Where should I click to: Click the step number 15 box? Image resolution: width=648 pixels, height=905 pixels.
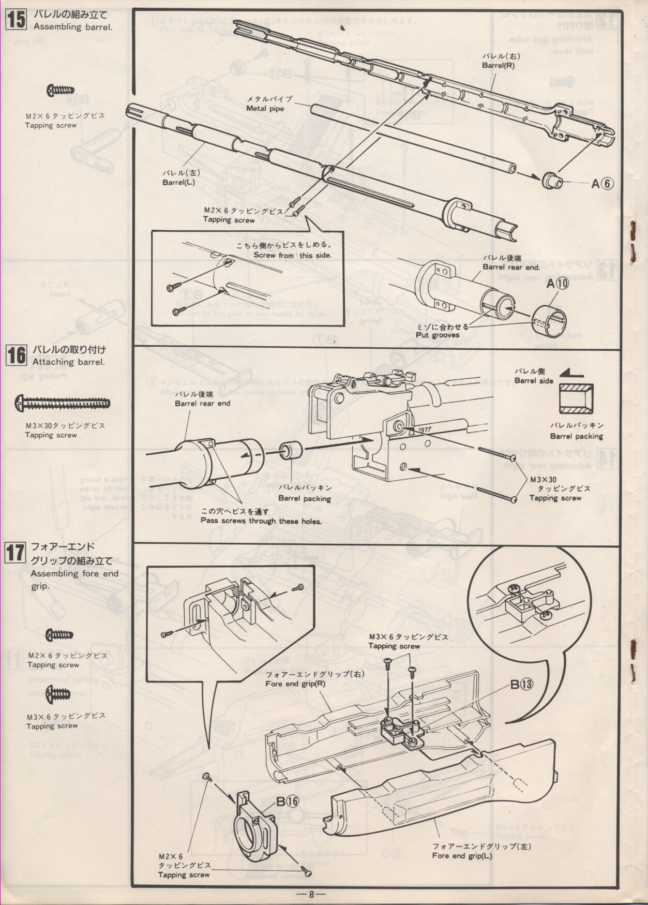click(x=16, y=20)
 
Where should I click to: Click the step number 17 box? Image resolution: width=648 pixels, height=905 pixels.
click(x=15, y=553)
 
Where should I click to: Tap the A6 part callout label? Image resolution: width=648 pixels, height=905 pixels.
click(x=602, y=184)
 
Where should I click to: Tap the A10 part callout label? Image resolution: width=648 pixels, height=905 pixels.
click(x=557, y=283)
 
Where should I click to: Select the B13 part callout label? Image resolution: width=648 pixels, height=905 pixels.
click(x=521, y=684)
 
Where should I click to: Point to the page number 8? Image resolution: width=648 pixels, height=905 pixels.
click(x=311, y=894)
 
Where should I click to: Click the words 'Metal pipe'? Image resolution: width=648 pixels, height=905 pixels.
click(x=265, y=109)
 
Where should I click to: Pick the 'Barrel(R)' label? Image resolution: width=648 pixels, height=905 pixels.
click(x=498, y=66)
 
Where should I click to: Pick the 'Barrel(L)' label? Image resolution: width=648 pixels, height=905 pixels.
click(x=178, y=183)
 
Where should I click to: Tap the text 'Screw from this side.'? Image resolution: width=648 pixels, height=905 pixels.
click(x=292, y=255)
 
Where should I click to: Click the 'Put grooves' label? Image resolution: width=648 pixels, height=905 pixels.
click(x=438, y=335)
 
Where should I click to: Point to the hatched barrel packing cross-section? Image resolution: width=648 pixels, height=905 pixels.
click(x=576, y=399)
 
